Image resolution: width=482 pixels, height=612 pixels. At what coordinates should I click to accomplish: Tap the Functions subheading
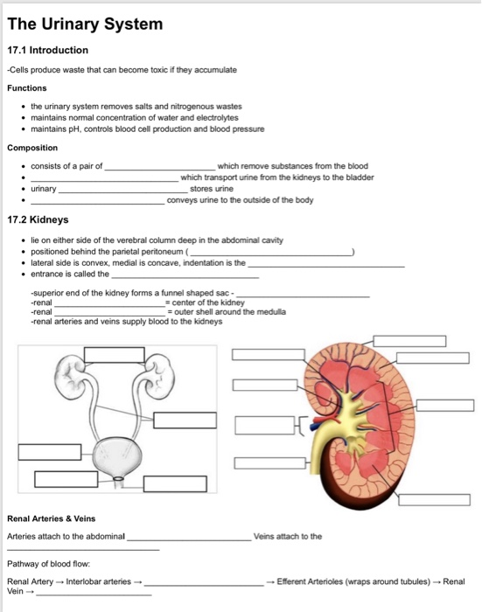tap(27, 87)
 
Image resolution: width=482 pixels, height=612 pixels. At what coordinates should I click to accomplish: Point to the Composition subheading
tap(32, 148)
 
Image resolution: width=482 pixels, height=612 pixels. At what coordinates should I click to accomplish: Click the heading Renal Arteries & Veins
tap(51, 518)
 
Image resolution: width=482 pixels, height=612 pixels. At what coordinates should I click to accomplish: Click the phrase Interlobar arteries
tap(98, 581)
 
